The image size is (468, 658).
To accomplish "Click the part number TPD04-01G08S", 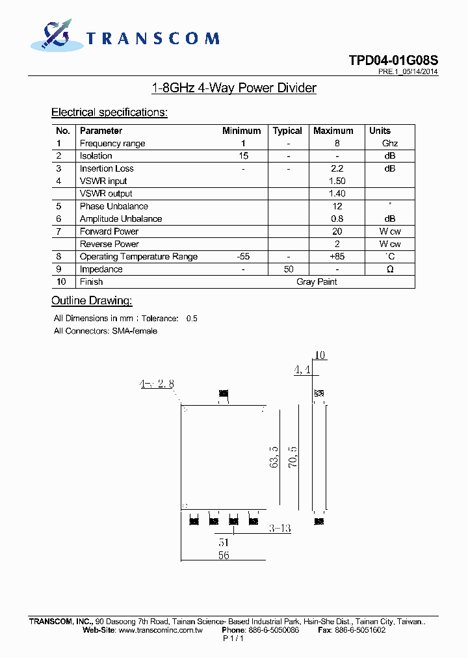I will (x=393, y=60).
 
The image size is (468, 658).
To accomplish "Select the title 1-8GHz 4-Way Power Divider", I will (x=233, y=88).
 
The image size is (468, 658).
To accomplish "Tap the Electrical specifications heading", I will (x=109, y=112).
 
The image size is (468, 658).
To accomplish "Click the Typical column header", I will (x=287, y=131).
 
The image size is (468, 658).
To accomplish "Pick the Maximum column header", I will (x=333, y=131).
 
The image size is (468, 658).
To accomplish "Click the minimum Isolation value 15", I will (x=242, y=156).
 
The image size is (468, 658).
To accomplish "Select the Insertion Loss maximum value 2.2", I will (x=337, y=168).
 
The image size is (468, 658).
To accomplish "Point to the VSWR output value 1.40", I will (x=337, y=194).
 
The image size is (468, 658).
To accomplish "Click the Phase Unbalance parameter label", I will (x=114, y=206).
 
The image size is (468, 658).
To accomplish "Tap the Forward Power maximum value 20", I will (x=337, y=231).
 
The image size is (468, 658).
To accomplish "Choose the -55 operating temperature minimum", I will (x=242, y=257).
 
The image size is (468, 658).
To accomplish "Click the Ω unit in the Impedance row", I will (x=390, y=269).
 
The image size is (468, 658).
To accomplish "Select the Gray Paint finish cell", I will (x=317, y=282).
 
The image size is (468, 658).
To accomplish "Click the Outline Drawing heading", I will (x=92, y=300).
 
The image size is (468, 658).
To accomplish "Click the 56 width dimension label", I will (x=223, y=555).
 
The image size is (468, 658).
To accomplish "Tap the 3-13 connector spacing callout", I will (x=279, y=529).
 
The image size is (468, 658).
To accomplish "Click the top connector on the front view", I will (x=224, y=393).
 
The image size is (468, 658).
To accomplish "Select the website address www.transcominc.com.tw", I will (x=161, y=630).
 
